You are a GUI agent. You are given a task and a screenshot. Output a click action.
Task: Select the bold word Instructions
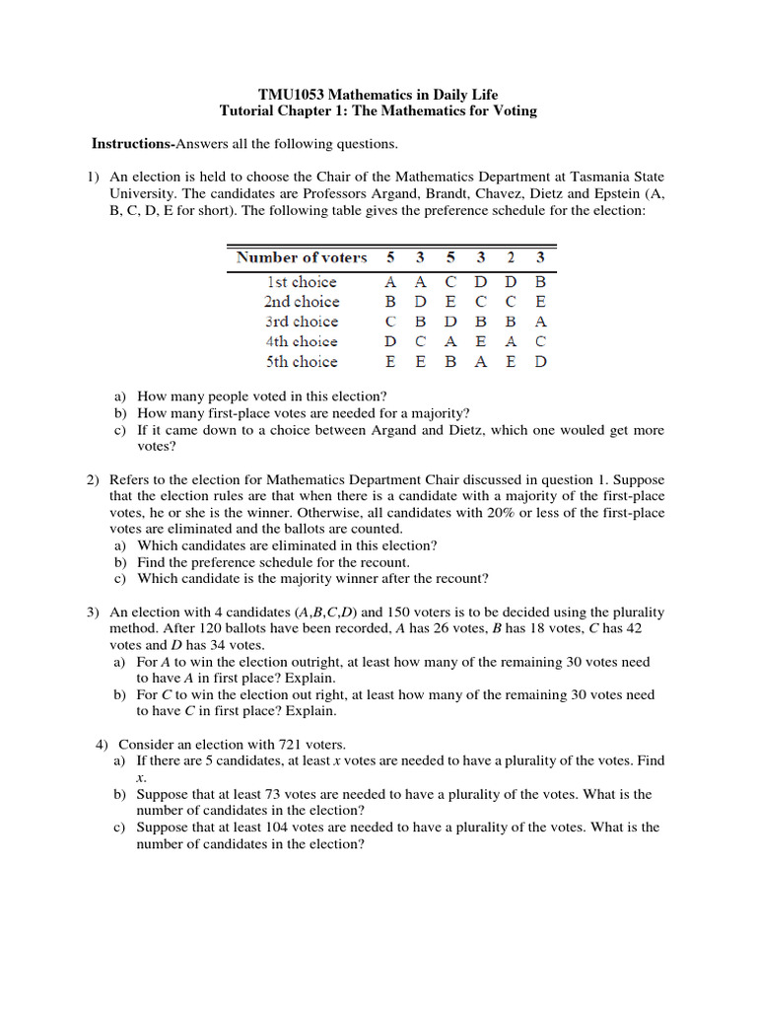click(131, 144)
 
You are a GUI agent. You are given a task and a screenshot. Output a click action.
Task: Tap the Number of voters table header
click(301, 257)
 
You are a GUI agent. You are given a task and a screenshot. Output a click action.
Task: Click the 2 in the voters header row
click(511, 257)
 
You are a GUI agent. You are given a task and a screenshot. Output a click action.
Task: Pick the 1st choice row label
click(301, 282)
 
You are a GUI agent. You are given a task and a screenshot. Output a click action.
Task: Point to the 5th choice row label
click(301, 361)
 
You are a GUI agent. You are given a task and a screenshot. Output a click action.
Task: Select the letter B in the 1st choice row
click(540, 282)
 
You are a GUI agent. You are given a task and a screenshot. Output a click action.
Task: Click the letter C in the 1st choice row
click(450, 282)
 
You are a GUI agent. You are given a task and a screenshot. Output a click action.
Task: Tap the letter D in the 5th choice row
click(540, 361)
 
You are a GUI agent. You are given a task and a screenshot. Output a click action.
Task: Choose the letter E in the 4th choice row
click(481, 341)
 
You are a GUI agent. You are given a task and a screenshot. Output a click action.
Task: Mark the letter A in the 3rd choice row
click(540, 322)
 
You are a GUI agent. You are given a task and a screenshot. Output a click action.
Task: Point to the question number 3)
click(93, 613)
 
